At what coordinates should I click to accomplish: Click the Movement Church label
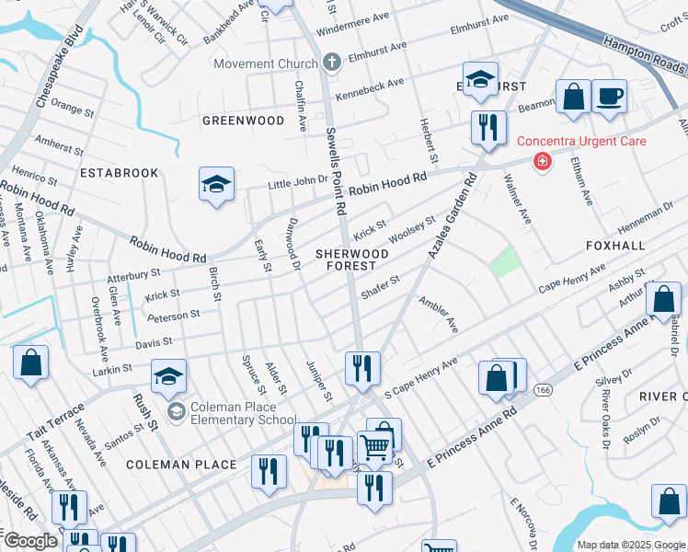pos(266,63)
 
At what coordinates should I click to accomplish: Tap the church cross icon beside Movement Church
pos(333,63)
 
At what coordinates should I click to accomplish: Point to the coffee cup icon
pos(609,97)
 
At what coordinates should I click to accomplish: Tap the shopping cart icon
pos(374,447)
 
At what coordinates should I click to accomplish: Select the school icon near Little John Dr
pos(214,185)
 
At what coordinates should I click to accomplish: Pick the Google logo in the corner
pos(29,541)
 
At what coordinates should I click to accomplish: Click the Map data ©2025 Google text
pos(631,545)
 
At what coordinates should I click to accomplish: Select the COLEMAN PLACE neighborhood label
pos(182,465)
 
